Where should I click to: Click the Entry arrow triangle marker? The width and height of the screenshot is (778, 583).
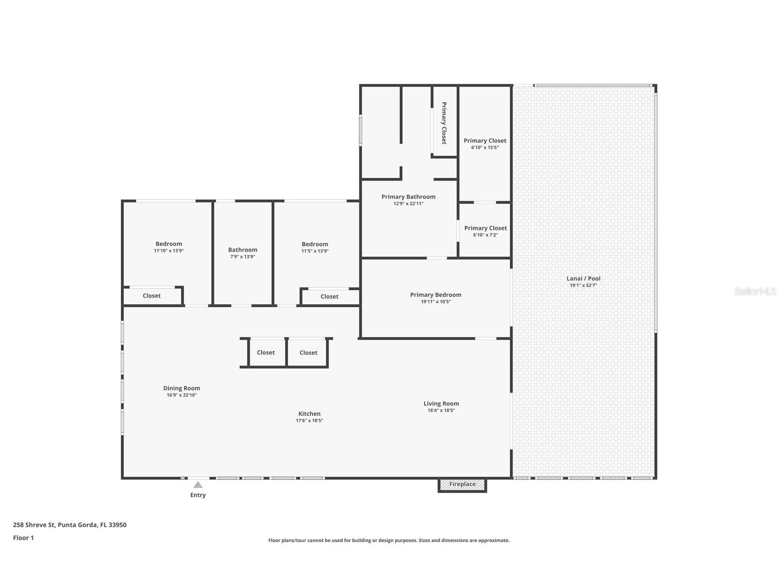[x=198, y=484]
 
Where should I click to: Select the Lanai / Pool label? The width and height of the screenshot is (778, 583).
[x=583, y=279]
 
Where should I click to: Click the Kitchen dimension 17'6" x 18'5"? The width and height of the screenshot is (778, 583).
[x=309, y=421]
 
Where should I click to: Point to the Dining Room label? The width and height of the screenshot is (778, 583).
[x=182, y=388]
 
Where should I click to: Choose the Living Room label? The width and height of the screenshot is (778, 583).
[x=441, y=404]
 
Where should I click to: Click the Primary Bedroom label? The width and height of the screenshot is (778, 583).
[x=436, y=295]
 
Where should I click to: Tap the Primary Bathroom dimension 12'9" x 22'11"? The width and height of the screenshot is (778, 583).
[x=408, y=203]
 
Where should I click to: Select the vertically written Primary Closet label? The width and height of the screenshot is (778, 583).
[x=444, y=123]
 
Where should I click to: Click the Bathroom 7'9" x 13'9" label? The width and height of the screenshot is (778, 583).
[x=243, y=250]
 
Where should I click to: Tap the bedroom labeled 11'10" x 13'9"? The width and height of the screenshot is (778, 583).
[x=169, y=244]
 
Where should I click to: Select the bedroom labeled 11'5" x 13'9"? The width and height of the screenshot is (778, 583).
[x=315, y=245]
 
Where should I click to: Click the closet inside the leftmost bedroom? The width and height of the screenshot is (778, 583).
[x=152, y=296]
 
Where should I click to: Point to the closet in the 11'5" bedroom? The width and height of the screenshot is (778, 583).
[x=329, y=297]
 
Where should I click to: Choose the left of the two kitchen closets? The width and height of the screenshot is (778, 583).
[x=266, y=353]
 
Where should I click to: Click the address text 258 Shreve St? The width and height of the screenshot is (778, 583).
[x=70, y=525]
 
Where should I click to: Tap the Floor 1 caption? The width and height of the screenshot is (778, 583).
[x=23, y=538]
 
